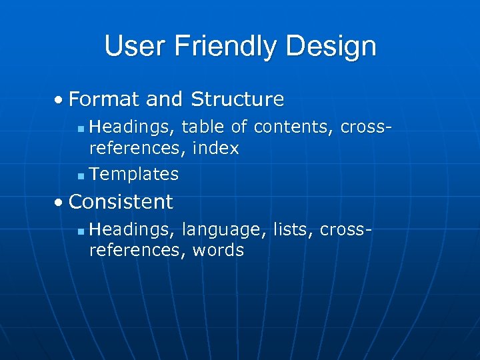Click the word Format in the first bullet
[104, 99]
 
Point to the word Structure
[237, 99]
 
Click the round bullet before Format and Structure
[60, 100]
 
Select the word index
[215, 148]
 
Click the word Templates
[134, 174]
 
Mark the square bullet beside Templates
[80, 176]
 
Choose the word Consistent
[121, 201]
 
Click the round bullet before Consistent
[60, 202]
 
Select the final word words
[218, 251]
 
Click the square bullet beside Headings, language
[80, 231]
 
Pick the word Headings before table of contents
[132, 125]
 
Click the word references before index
[138, 148]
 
